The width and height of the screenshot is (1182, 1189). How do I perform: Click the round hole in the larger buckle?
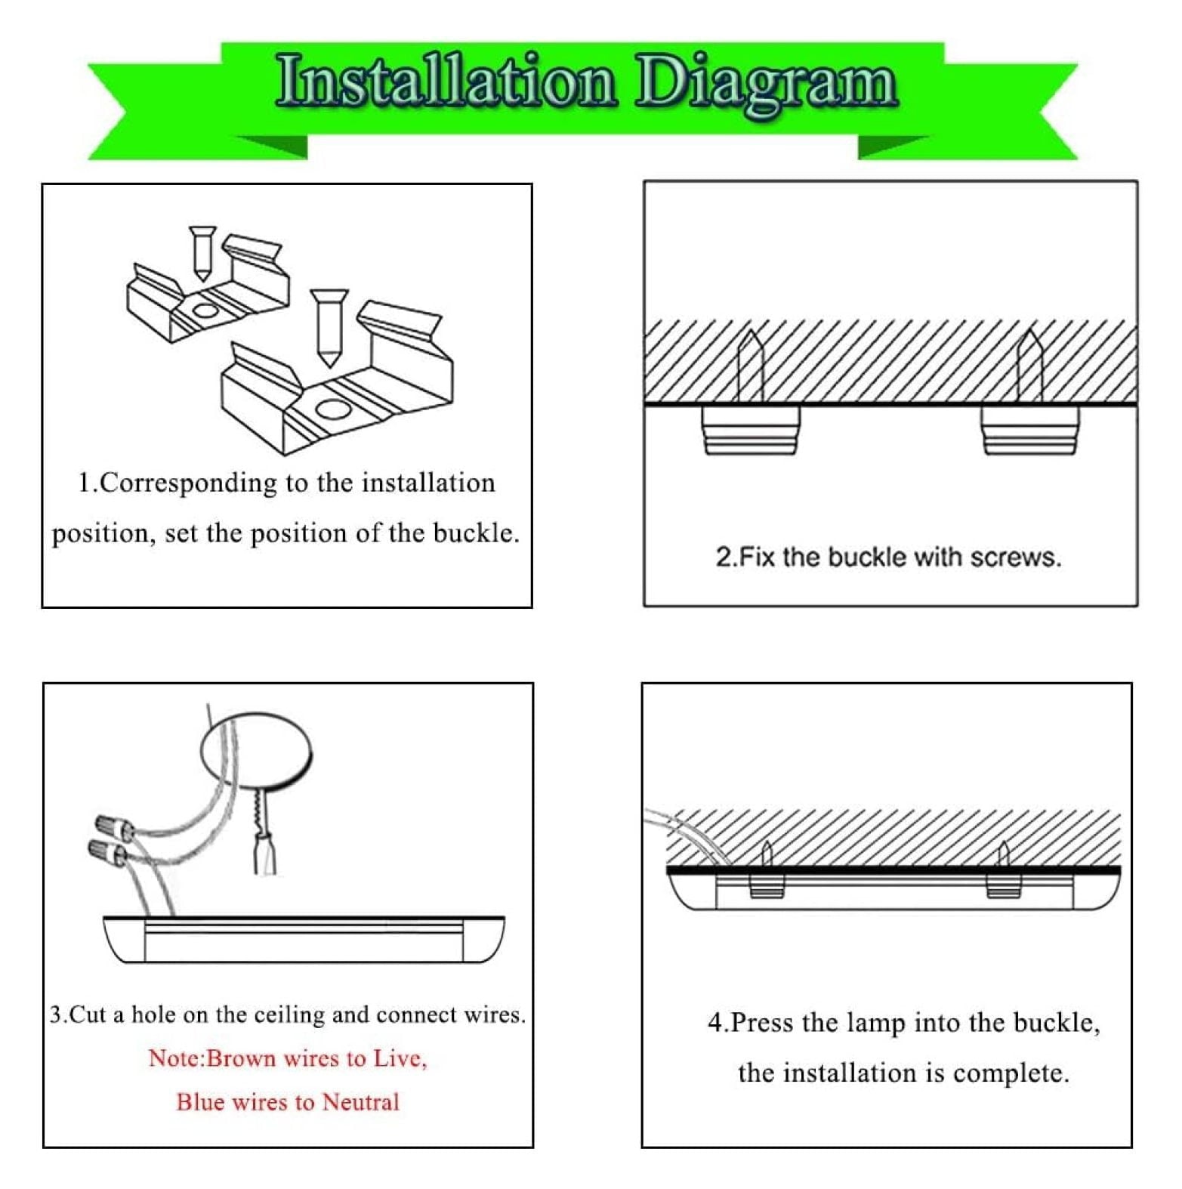coord(330,409)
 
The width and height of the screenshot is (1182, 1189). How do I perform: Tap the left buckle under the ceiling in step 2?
coord(751,430)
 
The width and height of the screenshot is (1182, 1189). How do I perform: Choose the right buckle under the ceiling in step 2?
coord(1030,430)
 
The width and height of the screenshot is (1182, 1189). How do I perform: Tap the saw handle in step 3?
coord(264,853)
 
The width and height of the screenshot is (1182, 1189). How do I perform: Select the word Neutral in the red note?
coord(360,1102)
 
